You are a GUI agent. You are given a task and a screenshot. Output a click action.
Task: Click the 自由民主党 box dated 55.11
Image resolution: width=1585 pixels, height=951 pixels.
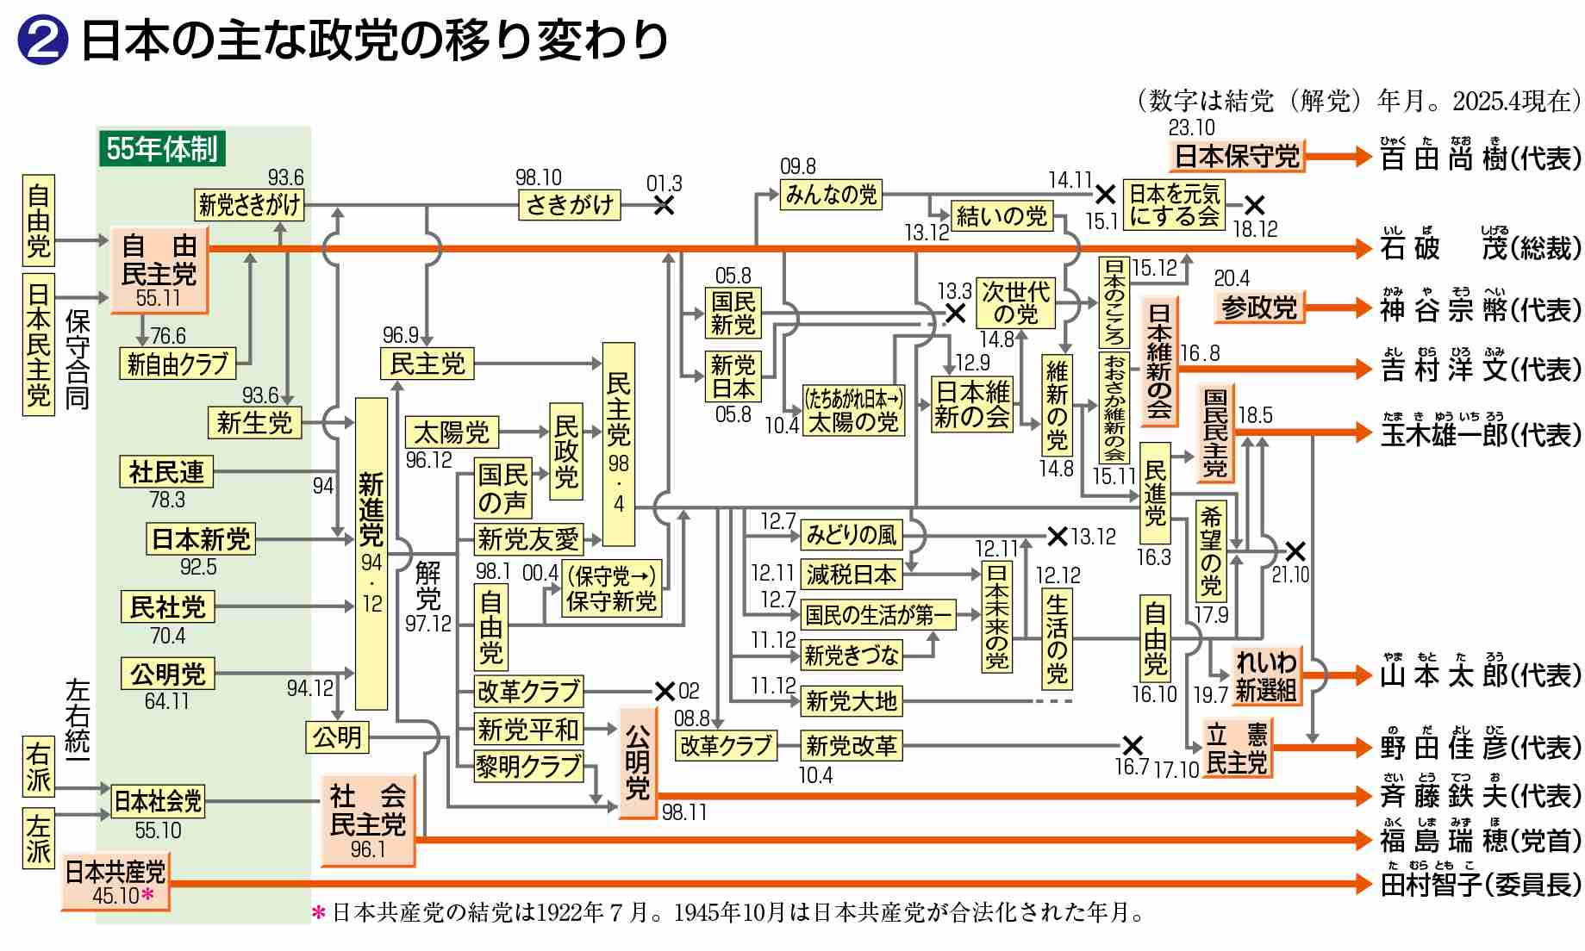[159, 270]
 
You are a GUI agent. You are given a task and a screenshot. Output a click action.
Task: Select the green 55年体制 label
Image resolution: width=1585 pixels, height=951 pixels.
[161, 149]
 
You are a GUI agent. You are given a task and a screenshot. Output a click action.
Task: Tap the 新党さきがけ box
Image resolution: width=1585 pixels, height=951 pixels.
[249, 205]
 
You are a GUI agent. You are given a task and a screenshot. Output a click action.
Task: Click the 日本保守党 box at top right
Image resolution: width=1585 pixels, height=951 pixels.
[1237, 157]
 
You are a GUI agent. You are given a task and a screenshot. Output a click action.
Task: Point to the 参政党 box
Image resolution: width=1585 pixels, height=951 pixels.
[1258, 308]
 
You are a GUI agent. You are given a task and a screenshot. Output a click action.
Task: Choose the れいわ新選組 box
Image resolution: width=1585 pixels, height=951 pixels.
[1265, 675]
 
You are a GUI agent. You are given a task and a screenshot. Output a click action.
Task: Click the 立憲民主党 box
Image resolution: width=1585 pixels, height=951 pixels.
[1236, 749]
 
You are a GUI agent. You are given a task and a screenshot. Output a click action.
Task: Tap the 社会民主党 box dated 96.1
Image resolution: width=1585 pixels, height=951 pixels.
[367, 821]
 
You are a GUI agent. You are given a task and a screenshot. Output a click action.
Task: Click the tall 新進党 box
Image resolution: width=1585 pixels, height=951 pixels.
[371, 553]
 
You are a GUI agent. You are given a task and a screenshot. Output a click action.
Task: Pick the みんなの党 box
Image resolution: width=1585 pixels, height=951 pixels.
[831, 195]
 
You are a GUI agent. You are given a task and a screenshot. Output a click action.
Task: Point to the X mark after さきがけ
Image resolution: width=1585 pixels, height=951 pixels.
[664, 205]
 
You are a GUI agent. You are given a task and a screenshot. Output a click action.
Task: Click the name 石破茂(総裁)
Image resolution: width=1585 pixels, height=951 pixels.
[1480, 248]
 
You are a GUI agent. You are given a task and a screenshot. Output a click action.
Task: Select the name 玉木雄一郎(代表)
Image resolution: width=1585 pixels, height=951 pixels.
[1480, 434]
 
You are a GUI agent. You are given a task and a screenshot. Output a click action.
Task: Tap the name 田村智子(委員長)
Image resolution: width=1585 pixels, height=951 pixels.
[1480, 884]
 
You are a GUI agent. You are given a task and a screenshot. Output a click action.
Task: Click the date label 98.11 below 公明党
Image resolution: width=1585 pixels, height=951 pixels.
[684, 812]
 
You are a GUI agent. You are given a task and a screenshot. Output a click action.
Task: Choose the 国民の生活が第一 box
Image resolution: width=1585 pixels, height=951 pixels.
[877, 615]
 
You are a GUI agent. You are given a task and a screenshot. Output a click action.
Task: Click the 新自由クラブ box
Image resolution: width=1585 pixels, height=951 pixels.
[177, 364]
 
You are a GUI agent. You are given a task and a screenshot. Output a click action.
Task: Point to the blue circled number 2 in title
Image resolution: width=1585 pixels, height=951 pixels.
[41, 40]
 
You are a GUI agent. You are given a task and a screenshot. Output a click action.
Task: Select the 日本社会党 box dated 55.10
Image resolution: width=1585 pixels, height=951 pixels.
[158, 801]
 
